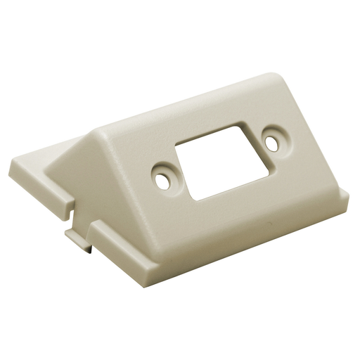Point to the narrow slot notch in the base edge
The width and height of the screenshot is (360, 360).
(x=79, y=215)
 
